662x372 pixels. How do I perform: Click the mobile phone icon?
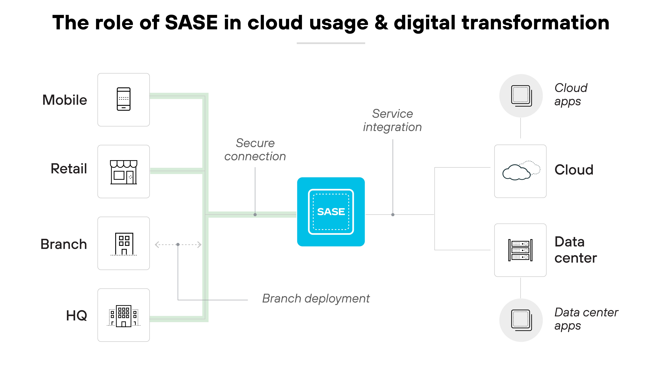124,99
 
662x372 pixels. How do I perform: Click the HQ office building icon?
124,316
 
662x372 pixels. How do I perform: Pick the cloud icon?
521,171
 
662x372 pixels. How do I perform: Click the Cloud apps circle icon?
521,96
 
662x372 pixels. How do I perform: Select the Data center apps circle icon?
521,320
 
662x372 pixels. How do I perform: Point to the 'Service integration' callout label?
392,120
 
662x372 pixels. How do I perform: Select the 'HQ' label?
77,316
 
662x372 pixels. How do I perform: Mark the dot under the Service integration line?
393,215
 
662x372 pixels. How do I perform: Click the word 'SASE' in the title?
191,23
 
